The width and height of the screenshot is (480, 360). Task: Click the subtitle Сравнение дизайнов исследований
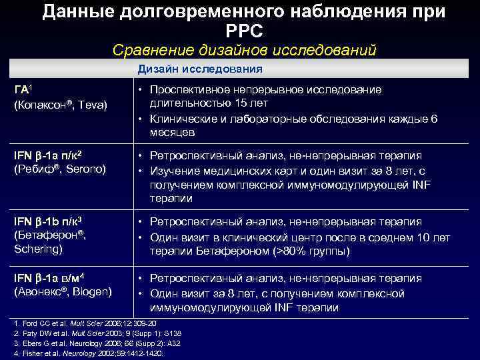[245, 50]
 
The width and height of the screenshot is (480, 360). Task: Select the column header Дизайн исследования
[200, 69]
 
